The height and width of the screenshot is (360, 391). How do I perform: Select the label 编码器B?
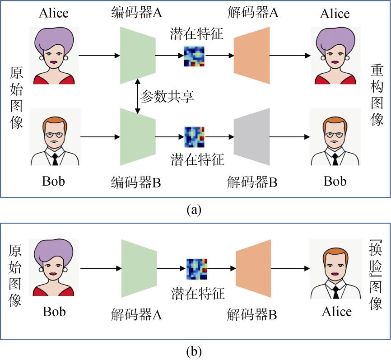(136, 182)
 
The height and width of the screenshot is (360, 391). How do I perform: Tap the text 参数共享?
(167, 96)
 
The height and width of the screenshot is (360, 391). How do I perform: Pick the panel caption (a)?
(195, 209)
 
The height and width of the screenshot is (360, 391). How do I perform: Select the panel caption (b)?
(195, 350)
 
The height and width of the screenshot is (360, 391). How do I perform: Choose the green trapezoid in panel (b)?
(139, 269)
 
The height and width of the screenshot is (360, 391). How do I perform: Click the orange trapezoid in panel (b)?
(253, 269)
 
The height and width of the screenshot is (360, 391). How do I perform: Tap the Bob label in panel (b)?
(54, 312)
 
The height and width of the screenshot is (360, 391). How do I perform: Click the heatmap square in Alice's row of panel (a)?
(195, 56)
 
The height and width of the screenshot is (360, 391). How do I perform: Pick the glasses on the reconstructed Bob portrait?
(335, 135)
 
